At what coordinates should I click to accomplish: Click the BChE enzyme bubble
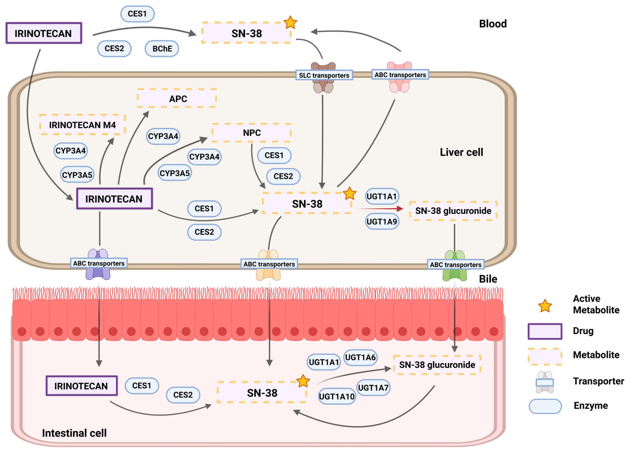(162, 48)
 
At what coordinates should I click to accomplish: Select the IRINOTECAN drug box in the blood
(43, 33)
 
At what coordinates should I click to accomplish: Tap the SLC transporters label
(324, 75)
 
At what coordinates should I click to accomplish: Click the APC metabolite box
(177, 98)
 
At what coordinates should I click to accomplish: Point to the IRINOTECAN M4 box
(82, 125)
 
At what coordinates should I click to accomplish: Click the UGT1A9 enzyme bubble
(382, 222)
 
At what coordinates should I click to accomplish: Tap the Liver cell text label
(461, 152)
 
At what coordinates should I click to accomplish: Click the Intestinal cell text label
(74, 433)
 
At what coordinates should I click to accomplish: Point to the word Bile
(488, 279)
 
